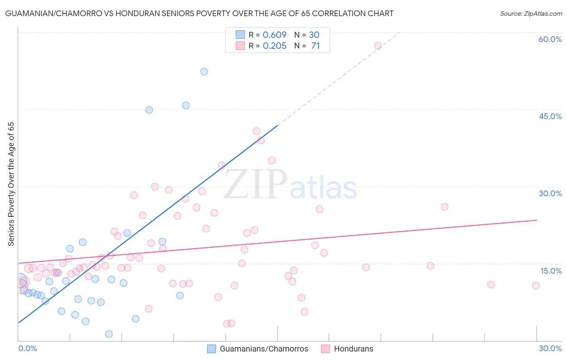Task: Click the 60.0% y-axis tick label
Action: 550,39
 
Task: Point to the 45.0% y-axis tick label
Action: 550,116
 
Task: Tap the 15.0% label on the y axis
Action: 551,271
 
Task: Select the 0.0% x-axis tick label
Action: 27,348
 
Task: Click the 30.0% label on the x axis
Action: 550,348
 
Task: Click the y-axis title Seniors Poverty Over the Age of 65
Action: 11,184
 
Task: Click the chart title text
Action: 199,13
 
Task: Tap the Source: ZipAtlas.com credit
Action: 531,13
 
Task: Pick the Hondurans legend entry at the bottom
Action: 353,349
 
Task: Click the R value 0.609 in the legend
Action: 275,35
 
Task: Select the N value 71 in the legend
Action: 315,46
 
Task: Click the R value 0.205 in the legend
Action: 275,46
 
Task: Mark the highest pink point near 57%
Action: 378,46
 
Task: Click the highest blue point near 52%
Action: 204,71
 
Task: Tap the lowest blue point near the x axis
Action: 109,334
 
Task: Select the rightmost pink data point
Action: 536,285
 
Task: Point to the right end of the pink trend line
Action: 537,220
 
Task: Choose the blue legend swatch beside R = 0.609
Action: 240,35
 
